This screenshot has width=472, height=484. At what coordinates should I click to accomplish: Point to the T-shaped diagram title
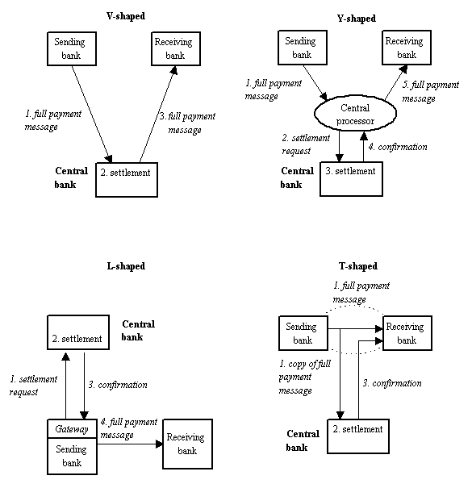(358, 266)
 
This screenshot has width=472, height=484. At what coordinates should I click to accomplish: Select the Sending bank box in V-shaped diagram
(69, 49)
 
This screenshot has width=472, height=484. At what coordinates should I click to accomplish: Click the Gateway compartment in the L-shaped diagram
(72, 429)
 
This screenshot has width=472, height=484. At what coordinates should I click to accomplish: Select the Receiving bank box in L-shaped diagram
(187, 444)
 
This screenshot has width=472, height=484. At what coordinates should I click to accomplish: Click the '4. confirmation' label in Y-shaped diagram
(398, 147)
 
